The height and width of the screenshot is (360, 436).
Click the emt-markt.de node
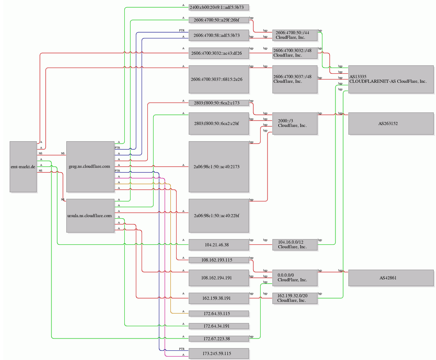pos(23,167)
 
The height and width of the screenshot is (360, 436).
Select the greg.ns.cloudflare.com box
pos(90,167)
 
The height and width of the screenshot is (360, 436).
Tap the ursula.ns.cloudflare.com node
pos(90,215)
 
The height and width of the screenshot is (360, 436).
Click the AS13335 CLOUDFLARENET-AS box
pos(391,79)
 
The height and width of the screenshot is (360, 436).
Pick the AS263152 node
pos(391,124)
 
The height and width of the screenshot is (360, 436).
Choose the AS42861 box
pos(391,278)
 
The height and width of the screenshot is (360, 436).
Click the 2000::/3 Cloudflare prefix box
pos(295,124)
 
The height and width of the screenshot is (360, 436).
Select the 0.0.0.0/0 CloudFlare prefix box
pos(295,278)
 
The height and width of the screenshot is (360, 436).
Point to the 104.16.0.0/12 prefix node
pos(295,244)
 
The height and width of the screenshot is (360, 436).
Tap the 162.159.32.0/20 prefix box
pos(295,298)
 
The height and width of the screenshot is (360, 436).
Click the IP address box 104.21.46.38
pos(219,244)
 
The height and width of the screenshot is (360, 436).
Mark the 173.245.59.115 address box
pos(219,353)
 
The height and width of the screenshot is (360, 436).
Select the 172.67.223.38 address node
pos(219,339)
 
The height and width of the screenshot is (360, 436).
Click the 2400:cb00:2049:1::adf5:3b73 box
pos(219,7)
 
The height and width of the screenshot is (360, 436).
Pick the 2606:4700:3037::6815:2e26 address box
pos(219,79)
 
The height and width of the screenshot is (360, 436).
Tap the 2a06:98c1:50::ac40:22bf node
pos(219,215)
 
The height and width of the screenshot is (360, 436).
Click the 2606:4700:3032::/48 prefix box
pos(295,53)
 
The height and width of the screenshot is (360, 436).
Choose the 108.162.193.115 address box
pos(219,260)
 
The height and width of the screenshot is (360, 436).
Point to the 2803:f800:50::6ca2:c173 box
pos(219,103)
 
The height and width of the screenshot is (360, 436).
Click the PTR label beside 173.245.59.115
pos(182,349)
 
